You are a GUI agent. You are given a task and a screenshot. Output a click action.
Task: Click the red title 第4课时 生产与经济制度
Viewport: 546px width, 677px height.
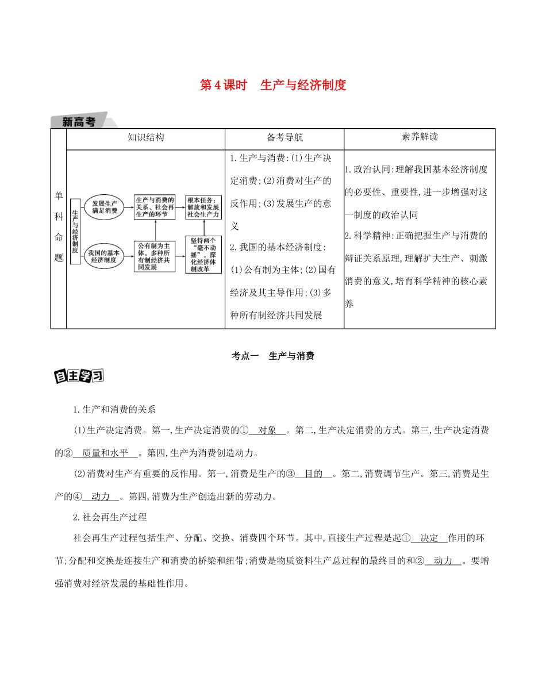point(272,86)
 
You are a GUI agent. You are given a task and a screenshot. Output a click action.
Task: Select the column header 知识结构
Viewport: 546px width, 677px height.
point(145,138)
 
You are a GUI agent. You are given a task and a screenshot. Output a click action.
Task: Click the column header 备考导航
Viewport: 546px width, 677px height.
point(284,138)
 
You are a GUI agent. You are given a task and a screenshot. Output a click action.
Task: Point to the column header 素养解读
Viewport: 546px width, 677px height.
point(420,138)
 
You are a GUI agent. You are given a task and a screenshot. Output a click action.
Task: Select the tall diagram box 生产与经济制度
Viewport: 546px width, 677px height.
point(75,230)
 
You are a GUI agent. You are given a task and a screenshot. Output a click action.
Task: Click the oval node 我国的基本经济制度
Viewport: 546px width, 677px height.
point(104,255)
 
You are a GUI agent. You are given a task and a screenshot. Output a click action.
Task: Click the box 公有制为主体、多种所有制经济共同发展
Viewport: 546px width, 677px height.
point(154,256)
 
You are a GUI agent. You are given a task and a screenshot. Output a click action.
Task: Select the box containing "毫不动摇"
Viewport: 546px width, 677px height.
point(203,254)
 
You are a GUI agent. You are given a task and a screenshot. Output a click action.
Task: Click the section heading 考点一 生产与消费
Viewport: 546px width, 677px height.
point(272,356)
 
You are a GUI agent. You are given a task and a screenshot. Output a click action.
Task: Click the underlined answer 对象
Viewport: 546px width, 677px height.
point(268,430)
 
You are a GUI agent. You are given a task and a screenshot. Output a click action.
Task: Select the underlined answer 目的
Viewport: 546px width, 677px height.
point(313,474)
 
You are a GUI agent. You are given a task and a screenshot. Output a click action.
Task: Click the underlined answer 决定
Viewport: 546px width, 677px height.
point(429,538)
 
